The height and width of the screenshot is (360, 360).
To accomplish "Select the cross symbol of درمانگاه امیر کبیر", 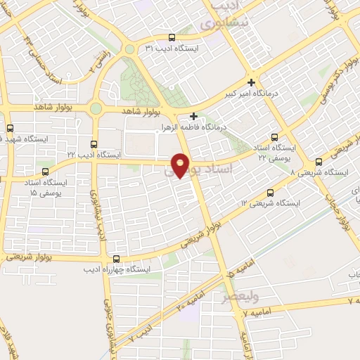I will click(x=251, y=82).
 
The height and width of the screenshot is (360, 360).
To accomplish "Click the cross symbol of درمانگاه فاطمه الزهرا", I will click(x=194, y=116).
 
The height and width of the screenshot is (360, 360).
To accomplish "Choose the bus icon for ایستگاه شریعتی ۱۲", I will click(x=270, y=192).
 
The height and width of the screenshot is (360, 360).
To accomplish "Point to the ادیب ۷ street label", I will click(x=140, y=334).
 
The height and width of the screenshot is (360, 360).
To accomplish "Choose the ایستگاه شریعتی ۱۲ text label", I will click(x=270, y=203).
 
